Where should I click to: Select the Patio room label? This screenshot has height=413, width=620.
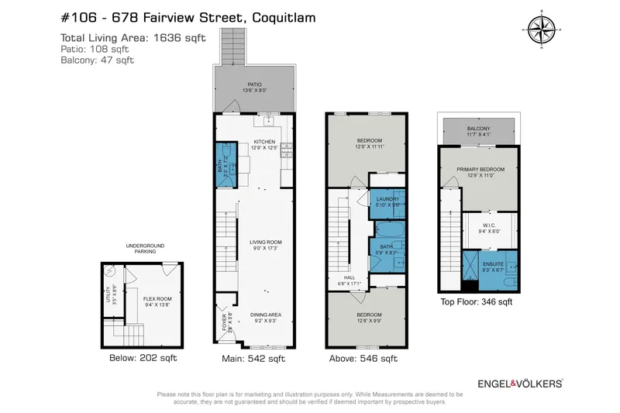256,86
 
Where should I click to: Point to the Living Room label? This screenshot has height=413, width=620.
265,243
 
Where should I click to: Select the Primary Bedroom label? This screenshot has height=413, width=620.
480,171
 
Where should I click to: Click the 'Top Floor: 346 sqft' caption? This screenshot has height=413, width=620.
476,302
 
